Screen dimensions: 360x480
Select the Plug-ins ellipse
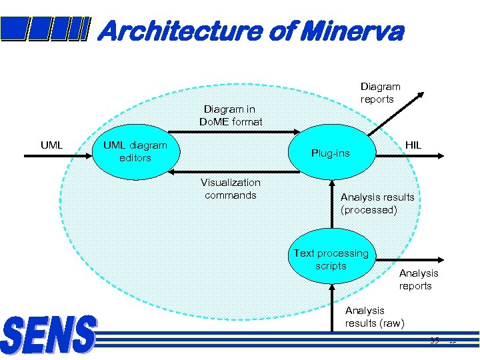[x=331, y=153]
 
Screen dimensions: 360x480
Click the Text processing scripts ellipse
[x=331, y=259]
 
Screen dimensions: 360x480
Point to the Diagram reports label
[x=380, y=93]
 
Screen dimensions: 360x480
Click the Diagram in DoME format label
[x=231, y=115]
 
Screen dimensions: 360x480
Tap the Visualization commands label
[x=231, y=189]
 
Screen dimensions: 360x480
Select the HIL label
[x=413, y=145]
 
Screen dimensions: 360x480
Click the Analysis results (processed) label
[x=377, y=203]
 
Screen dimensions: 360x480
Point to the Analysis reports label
[x=419, y=279]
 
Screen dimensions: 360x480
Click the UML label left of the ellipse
[x=51, y=145]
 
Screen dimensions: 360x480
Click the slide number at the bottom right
[x=435, y=341]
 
